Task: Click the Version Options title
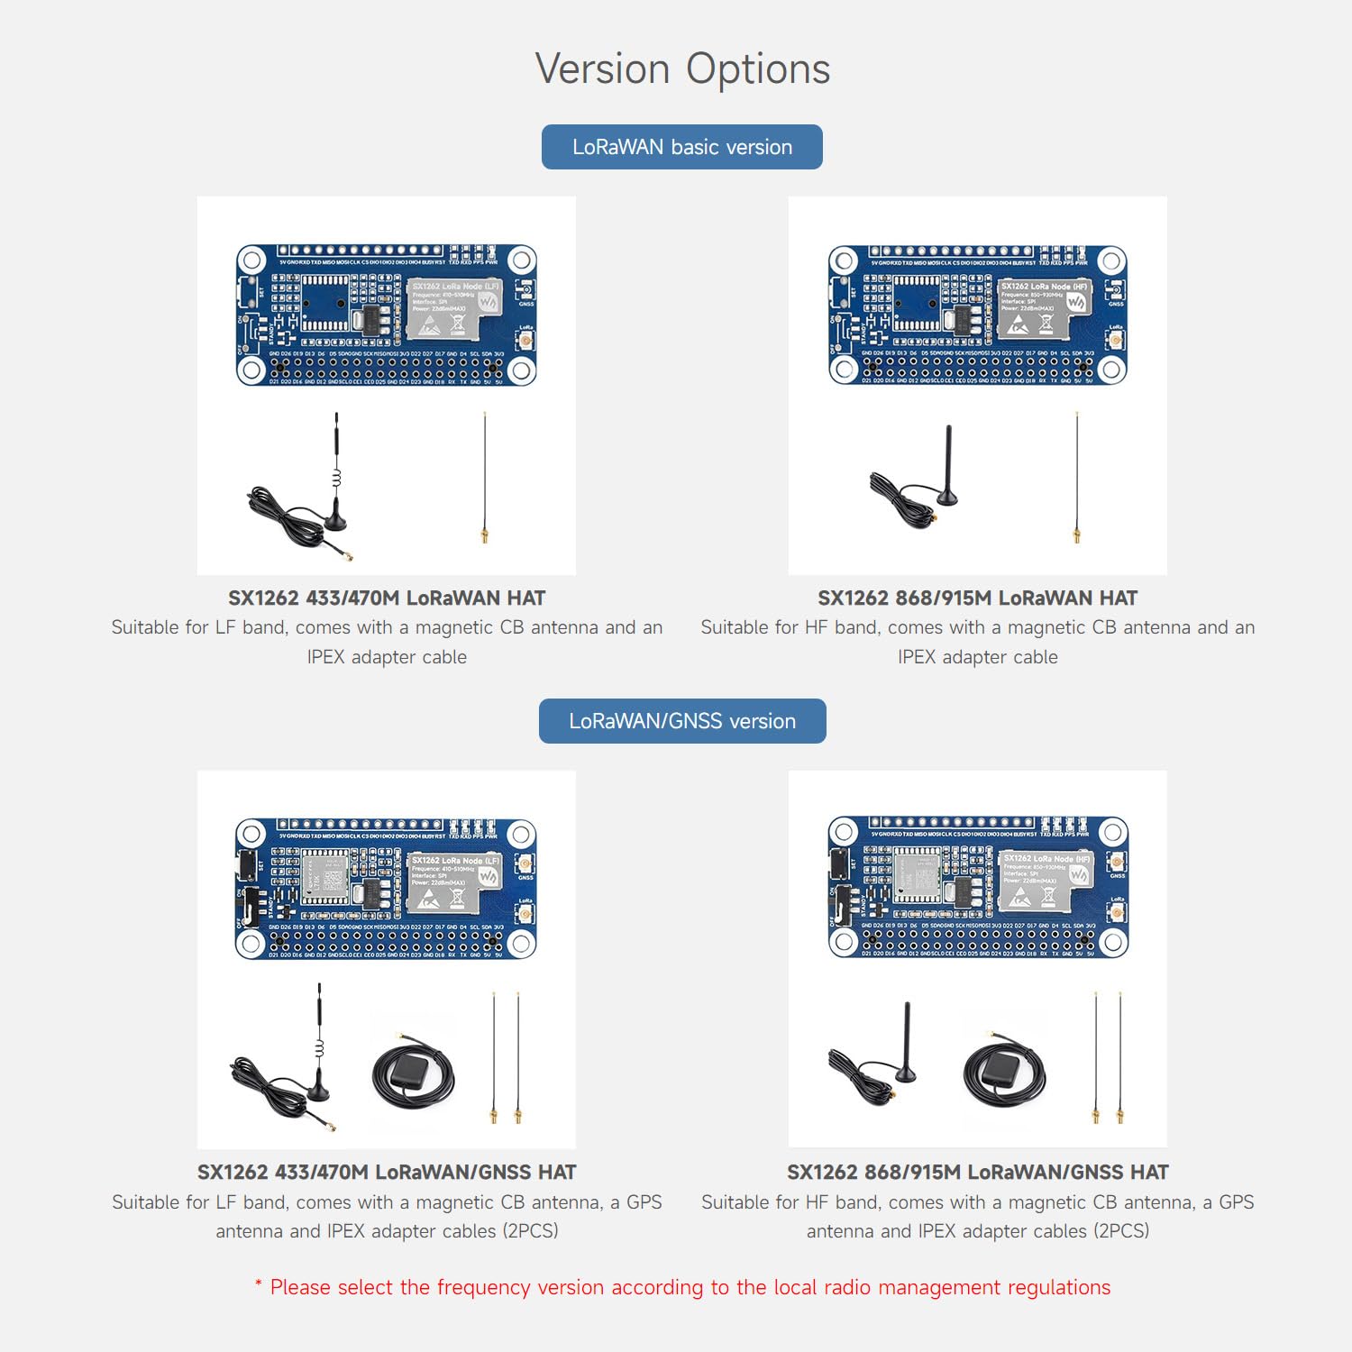[x=682, y=69]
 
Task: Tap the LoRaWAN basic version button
[x=682, y=147]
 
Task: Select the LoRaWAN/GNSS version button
[x=682, y=721]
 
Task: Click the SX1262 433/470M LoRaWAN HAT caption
[x=387, y=598]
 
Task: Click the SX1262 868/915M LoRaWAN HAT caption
[x=977, y=598]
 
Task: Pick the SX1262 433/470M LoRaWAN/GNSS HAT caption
[x=387, y=1173]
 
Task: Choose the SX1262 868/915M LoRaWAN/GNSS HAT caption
[x=977, y=1173]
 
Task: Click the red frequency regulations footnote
[x=682, y=1287]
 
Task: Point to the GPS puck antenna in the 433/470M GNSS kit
[x=413, y=1073]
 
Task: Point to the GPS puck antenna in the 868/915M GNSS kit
[x=1003, y=1073]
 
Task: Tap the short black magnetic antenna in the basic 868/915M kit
[x=946, y=469]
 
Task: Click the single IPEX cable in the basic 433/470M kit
[x=485, y=478]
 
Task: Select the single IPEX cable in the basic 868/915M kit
[x=1076, y=478]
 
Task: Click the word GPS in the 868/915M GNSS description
[x=1236, y=1202]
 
